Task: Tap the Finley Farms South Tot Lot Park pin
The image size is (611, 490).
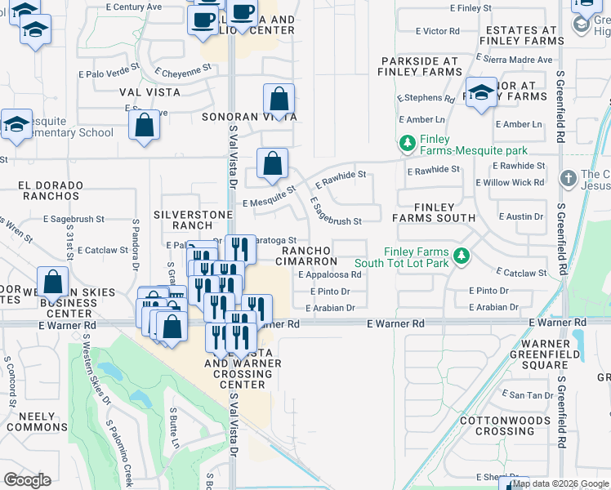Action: [462, 256]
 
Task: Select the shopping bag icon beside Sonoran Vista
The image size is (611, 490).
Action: [279, 100]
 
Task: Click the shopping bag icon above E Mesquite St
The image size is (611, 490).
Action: [272, 163]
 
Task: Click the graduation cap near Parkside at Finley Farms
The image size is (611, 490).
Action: [481, 91]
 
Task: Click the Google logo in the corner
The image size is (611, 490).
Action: [27, 480]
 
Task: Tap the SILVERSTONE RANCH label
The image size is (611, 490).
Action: [183, 219]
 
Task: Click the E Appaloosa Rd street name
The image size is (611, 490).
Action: [335, 274]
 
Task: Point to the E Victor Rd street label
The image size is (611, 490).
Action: [437, 31]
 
